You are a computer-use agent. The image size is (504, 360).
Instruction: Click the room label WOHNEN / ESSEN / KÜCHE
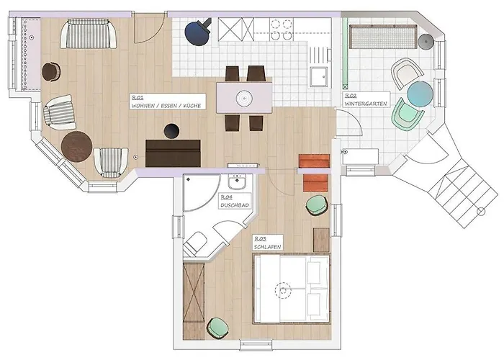click(x=166, y=105)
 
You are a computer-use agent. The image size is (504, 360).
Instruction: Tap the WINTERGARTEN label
click(x=366, y=104)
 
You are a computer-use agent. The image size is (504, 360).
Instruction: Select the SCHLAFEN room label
click(x=267, y=247)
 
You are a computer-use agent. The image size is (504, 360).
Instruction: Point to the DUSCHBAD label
click(x=235, y=205)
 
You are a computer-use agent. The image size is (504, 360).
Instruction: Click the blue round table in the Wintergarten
click(x=420, y=94)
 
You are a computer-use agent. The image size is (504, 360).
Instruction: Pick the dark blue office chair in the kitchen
click(x=198, y=32)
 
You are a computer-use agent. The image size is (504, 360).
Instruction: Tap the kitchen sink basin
click(x=319, y=77)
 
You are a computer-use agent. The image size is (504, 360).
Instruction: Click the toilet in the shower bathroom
click(x=195, y=243)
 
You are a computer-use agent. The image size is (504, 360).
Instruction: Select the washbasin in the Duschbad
click(x=237, y=182)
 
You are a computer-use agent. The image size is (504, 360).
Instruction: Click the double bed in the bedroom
click(x=292, y=289)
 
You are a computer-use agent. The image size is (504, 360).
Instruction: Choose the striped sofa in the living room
click(x=89, y=34)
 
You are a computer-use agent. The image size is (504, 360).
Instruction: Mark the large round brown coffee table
click(x=77, y=147)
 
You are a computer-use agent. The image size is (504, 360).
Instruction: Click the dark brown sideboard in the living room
click(x=173, y=153)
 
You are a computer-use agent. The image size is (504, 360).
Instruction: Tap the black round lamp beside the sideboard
click(x=171, y=131)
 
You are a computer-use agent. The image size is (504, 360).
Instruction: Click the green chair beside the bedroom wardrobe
click(x=218, y=328)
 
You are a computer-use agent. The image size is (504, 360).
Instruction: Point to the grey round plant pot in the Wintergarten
click(x=426, y=42)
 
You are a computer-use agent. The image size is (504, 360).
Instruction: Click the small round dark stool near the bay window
click(x=51, y=72)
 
